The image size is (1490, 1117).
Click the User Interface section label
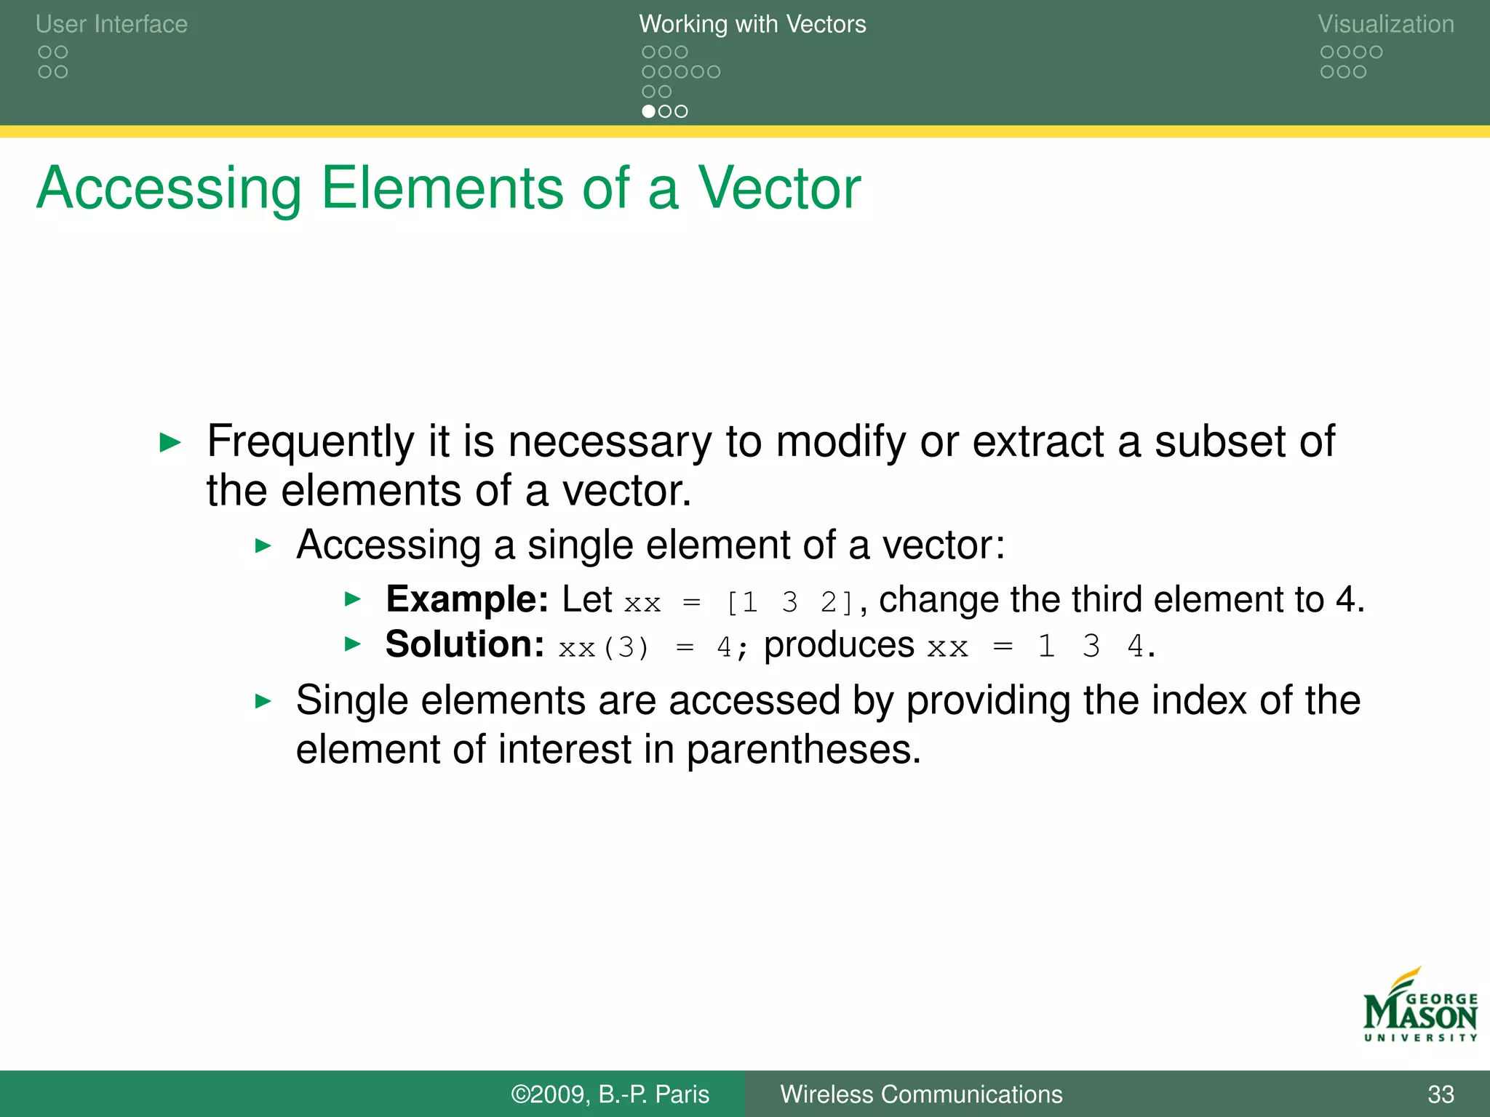pyautogui.click(x=111, y=24)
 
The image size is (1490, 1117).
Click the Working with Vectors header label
pyautogui.click(x=752, y=24)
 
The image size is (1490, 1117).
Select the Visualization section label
pyautogui.click(x=1385, y=24)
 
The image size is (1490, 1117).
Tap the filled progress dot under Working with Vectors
pyautogui.click(x=648, y=111)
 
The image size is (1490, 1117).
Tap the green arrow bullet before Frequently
pyautogui.click(x=170, y=441)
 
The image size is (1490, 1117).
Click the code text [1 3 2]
pyautogui.click(x=790, y=602)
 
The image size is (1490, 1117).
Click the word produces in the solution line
pyautogui.click(x=839, y=645)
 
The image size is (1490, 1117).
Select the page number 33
pyautogui.click(x=1441, y=1094)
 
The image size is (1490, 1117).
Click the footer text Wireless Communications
pyautogui.click(x=921, y=1094)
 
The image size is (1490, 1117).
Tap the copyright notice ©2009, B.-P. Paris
pyautogui.click(x=610, y=1094)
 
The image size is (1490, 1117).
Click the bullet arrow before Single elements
pyautogui.click(x=263, y=701)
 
